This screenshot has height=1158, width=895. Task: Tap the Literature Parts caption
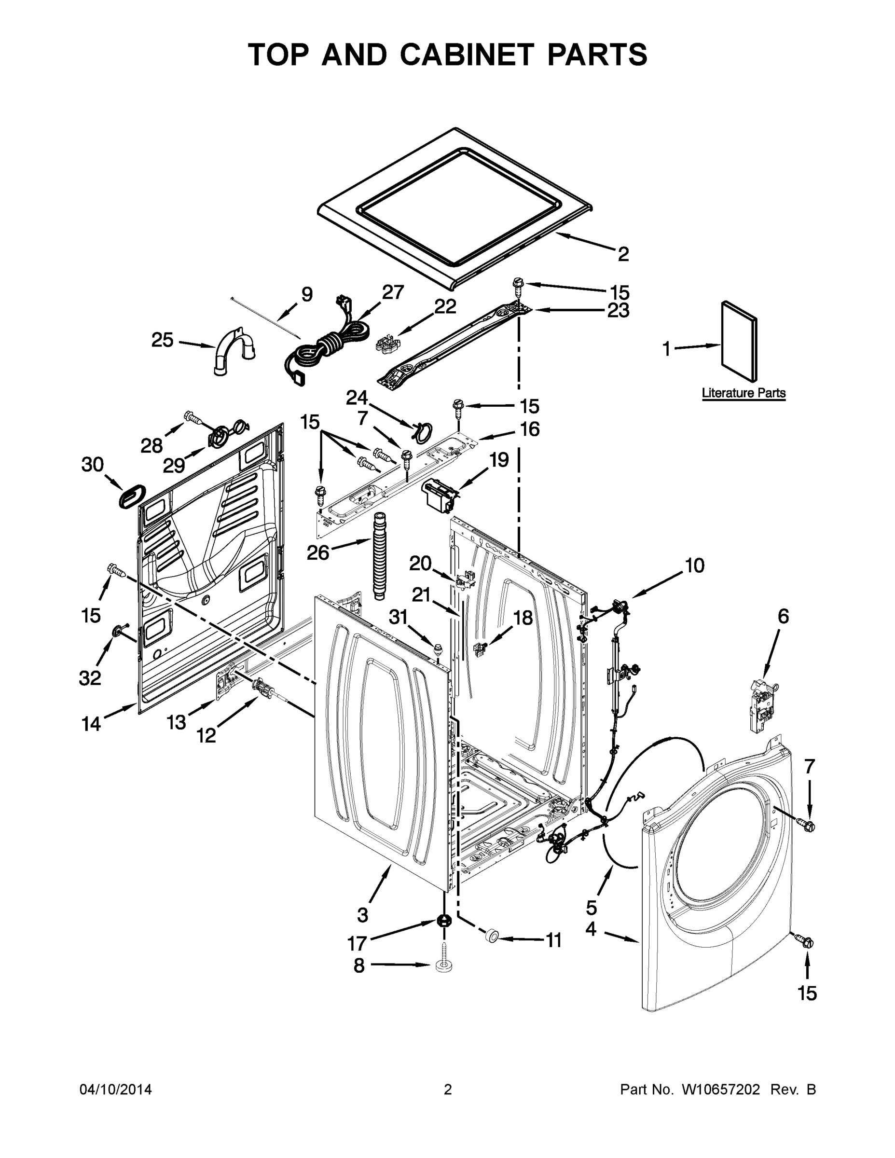tap(744, 393)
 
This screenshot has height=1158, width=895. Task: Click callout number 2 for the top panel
tap(623, 254)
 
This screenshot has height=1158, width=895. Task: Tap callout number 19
tap(498, 459)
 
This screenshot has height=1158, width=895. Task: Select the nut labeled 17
tap(443, 921)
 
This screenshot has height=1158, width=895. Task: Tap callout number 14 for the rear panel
tap(91, 723)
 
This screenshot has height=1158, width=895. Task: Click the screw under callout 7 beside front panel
tap(805, 825)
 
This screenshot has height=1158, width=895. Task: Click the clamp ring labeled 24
tap(423, 432)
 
